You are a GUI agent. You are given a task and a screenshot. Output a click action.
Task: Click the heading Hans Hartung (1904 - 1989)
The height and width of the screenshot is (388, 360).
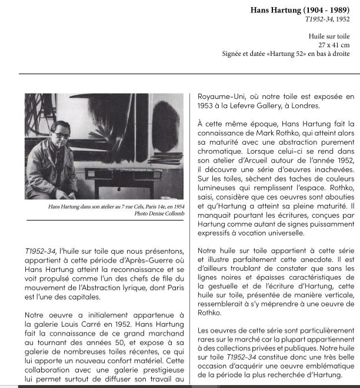click(300, 10)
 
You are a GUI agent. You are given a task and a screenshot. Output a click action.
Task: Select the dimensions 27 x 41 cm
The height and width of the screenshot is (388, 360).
click(334, 45)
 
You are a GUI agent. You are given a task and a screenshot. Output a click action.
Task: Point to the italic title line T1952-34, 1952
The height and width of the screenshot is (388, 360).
click(328, 19)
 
